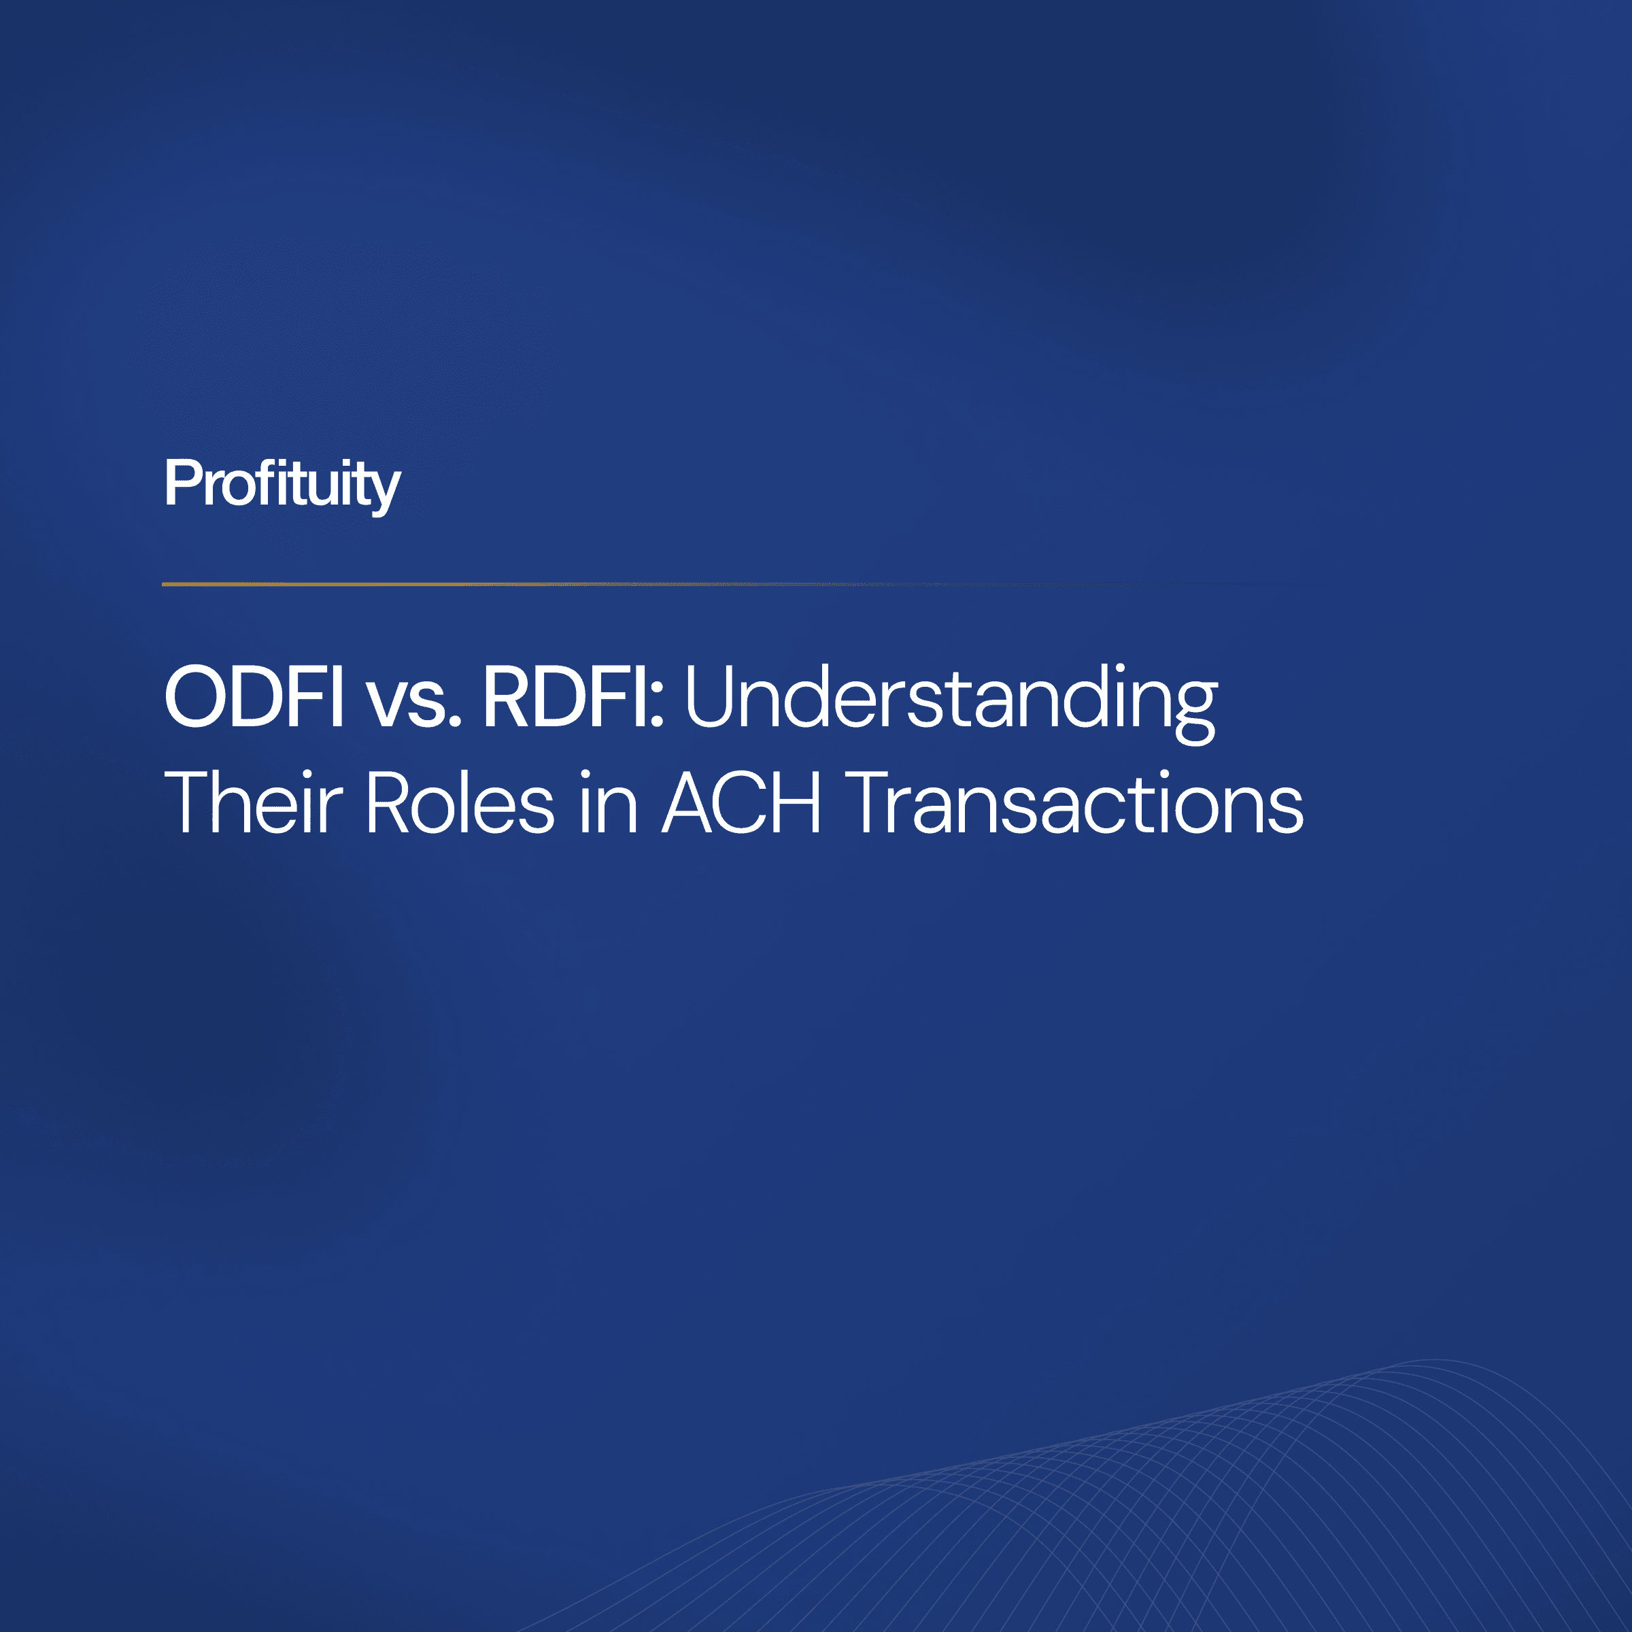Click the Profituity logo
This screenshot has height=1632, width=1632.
pyautogui.click(x=282, y=485)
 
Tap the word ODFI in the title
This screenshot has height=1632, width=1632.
pyautogui.click(x=254, y=697)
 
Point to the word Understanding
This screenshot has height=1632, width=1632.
pyautogui.click(x=951, y=701)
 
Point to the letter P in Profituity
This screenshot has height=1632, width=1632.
pyautogui.click(x=181, y=483)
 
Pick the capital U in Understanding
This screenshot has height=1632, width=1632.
pyautogui.click(x=716, y=697)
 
